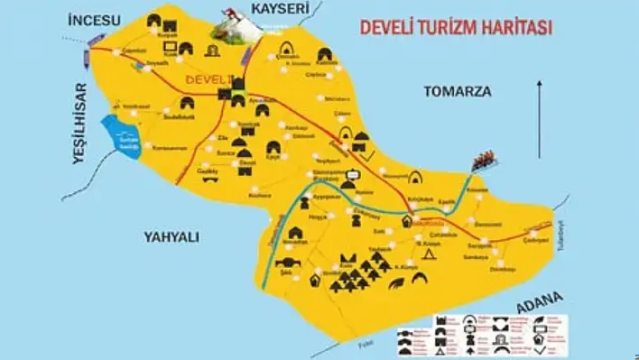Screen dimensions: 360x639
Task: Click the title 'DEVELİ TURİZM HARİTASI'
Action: [x=457, y=27]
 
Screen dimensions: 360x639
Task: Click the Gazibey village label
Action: [x=209, y=170]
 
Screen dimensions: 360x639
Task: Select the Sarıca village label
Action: [x=226, y=153]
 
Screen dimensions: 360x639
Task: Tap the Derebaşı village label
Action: [x=502, y=268]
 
